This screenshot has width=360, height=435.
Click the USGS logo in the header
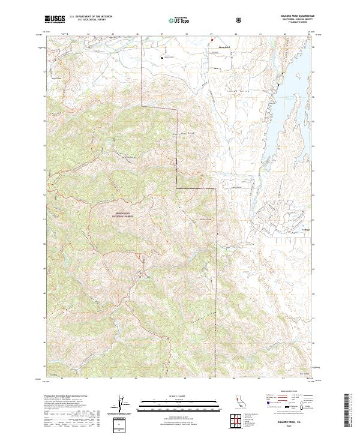coord(55,19)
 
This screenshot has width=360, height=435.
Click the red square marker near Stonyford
coord(211,41)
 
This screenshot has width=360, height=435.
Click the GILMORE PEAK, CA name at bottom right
coord(286,422)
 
